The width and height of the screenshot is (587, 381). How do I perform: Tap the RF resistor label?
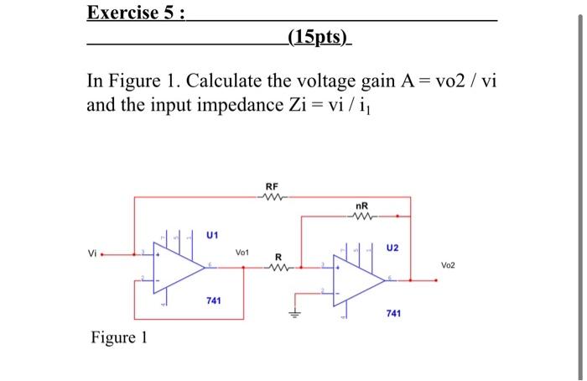272,186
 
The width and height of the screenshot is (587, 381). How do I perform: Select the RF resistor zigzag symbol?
272,198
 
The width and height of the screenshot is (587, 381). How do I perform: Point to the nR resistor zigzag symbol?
361,216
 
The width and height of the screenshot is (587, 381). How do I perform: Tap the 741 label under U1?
214,300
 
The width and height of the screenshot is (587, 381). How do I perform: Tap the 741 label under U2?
393,313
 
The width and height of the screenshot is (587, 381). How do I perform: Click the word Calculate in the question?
223,84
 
